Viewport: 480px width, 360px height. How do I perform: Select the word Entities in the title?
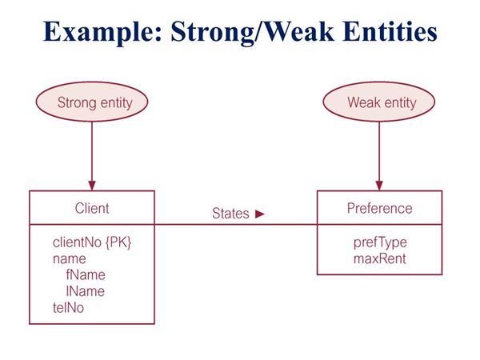390,31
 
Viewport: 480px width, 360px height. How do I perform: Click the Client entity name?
92,208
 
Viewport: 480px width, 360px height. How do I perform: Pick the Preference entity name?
379,208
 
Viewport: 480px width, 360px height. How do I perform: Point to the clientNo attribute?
77,242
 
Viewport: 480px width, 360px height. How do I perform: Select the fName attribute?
86,274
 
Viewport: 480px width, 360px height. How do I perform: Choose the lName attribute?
86,291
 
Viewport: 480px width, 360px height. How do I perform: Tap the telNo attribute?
68,307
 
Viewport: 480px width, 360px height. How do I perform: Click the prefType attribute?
380,242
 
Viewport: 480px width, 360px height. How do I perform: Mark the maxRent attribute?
379,258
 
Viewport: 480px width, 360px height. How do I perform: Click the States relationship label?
230,213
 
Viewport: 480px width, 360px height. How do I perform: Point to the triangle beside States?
259,214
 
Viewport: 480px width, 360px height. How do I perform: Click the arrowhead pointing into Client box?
92,186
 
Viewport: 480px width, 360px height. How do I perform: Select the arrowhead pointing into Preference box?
379,186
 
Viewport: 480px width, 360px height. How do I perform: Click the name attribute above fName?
69,258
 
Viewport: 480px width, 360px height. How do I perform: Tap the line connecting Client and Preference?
236,224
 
